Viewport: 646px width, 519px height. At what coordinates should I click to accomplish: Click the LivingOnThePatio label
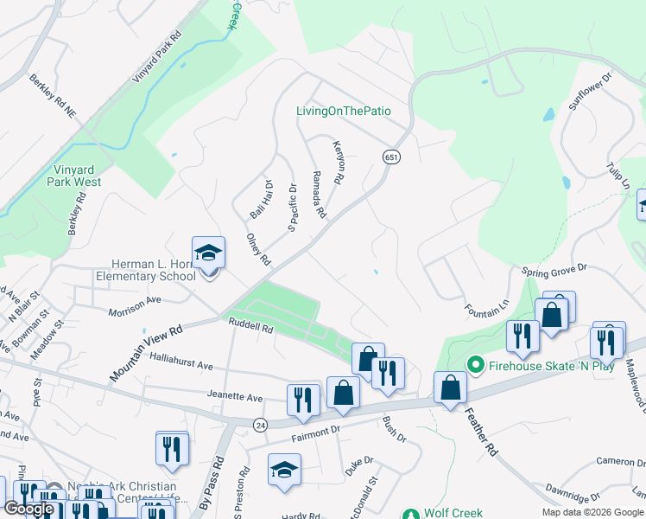343,111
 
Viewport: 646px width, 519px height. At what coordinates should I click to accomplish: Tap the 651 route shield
391,157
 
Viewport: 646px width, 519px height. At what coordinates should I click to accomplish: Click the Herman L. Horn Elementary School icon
208,254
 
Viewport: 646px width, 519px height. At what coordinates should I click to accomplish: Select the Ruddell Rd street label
250,327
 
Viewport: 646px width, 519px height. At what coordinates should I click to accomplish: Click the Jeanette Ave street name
234,397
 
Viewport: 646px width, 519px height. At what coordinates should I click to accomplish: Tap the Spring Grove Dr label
554,272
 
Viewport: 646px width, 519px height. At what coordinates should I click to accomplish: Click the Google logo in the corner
29,509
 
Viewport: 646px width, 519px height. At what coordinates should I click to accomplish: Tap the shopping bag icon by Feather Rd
450,388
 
